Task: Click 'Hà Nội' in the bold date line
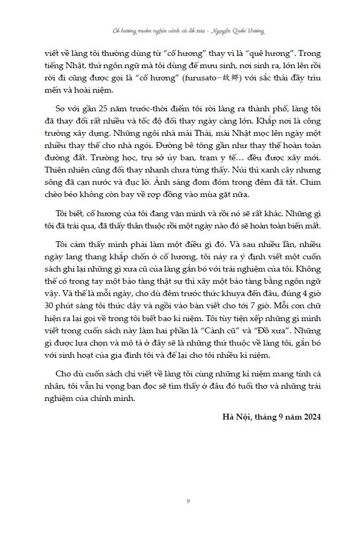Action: tap(236, 415)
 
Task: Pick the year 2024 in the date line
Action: tap(309, 415)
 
